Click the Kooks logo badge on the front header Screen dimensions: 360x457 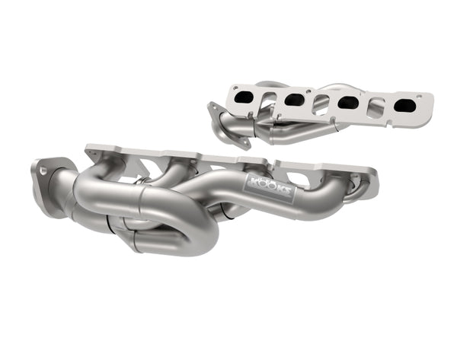click(x=269, y=186)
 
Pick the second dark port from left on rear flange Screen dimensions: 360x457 click(x=294, y=99)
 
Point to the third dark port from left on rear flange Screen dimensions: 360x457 click(x=348, y=102)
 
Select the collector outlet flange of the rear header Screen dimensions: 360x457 click(x=229, y=126)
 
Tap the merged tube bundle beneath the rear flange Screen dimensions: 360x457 click(x=293, y=131)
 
